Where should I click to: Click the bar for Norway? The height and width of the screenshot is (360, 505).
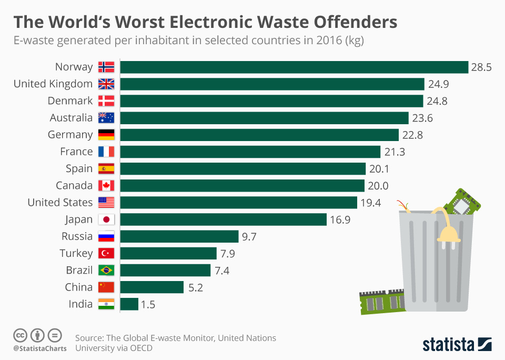(294, 67)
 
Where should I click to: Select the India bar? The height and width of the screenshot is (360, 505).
(129, 304)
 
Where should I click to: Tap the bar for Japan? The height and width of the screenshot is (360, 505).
(223, 219)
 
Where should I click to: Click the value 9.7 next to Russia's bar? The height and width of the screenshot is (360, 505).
(249, 236)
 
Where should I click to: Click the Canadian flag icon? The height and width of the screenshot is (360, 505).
(106, 186)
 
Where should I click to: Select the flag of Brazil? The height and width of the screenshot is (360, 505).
(106, 271)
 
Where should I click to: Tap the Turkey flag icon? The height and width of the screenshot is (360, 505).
(106, 254)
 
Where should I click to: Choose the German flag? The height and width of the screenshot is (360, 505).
(106, 135)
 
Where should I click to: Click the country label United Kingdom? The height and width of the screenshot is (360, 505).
(53, 84)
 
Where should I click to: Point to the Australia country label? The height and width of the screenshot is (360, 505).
(71, 118)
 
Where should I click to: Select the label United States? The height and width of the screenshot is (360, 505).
(60, 203)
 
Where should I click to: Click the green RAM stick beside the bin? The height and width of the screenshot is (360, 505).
(381, 302)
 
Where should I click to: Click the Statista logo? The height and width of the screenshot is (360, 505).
(457, 344)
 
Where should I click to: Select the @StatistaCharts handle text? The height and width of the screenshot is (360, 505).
(40, 348)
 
